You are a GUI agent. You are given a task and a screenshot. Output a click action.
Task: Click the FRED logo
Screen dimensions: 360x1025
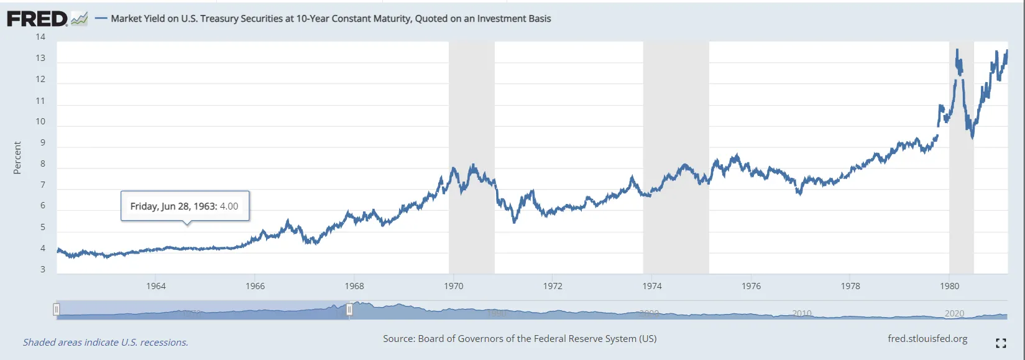pyautogui.click(x=37, y=19)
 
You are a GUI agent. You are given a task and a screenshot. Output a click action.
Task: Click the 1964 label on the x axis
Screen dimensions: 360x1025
pyautogui.click(x=156, y=286)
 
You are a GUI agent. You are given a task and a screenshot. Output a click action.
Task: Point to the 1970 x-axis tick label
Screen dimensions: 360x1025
pyautogui.click(x=454, y=286)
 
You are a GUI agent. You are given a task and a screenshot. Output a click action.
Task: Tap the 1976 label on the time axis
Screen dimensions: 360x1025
pyautogui.click(x=751, y=286)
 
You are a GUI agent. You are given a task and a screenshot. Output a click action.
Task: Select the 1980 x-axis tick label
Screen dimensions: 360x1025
pyautogui.click(x=949, y=286)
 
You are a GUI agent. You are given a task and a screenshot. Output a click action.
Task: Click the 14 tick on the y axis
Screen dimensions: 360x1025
pyautogui.click(x=40, y=37)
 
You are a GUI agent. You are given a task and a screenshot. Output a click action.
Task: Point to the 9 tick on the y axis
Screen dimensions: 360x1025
pyautogui.click(x=42, y=143)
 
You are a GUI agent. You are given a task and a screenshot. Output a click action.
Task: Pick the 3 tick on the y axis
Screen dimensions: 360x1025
pyautogui.click(x=42, y=269)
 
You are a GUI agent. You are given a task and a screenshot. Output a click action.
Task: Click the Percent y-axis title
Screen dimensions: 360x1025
pyautogui.click(x=17, y=158)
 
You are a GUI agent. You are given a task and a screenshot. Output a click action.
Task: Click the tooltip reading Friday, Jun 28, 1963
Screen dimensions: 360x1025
pyautogui.click(x=185, y=206)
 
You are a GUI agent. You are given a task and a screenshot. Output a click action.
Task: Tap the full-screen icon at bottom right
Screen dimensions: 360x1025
pyautogui.click(x=1001, y=343)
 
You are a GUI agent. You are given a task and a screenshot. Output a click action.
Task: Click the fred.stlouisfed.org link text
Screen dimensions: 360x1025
pyautogui.click(x=927, y=339)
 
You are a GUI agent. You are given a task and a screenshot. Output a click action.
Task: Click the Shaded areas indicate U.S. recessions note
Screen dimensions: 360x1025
pyautogui.click(x=106, y=343)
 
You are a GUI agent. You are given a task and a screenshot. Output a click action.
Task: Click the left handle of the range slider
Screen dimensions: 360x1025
pyautogui.click(x=57, y=309)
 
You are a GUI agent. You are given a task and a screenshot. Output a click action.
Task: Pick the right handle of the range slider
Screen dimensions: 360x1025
pyautogui.click(x=349, y=309)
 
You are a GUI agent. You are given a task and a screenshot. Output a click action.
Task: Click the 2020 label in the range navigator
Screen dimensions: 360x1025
pyautogui.click(x=954, y=313)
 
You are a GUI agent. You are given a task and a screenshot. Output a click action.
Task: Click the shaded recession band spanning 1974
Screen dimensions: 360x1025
pyautogui.click(x=676, y=155)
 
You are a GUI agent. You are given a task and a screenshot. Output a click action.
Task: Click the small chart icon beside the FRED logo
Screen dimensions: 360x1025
pyautogui.click(x=80, y=19)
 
